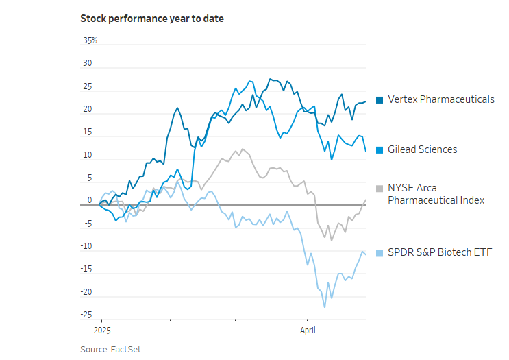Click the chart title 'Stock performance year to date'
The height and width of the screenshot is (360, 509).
(152, 19)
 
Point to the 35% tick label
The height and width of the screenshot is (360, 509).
(90, 40)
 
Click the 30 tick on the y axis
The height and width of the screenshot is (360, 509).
(87, 63)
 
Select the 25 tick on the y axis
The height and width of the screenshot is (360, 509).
(87, 86)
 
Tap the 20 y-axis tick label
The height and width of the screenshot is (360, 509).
(87, 109)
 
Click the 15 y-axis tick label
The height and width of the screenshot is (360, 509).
(87, 132)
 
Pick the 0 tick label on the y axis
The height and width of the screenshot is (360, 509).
(89, 201)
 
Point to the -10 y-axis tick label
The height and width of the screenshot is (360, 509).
(86, 247)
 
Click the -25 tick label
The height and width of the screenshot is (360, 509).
(86, 315)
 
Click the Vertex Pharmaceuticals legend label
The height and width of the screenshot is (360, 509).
(440, 99)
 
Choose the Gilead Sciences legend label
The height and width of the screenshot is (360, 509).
(422, 149)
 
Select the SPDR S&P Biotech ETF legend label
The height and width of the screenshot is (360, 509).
(439, 252)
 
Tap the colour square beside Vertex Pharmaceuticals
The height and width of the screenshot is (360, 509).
(380, 100)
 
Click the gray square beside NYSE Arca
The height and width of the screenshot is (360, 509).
(380, 188)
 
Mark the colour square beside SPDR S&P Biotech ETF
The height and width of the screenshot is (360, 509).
(380, 253)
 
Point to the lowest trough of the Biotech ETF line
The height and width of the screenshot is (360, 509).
(324, 307)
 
